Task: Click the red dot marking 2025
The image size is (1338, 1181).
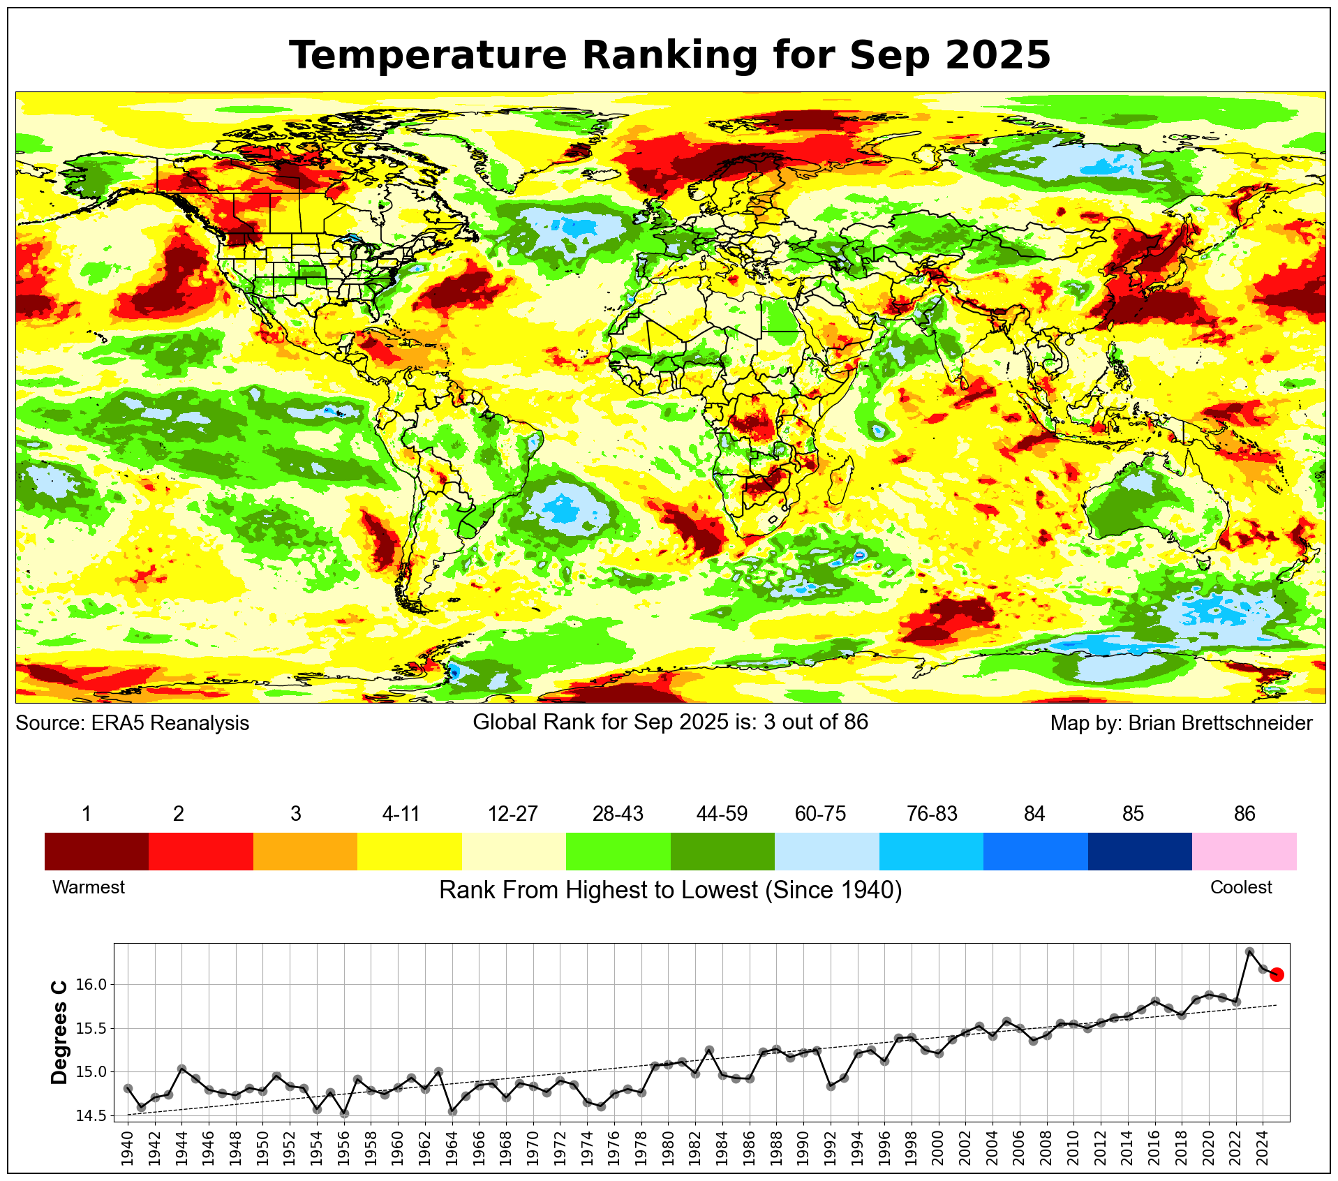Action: tap(1277, 974)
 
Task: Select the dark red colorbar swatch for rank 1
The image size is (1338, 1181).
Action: tap(96, 851)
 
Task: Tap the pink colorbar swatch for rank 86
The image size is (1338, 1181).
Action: tap(1244, 851)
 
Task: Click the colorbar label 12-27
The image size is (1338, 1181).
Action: tap(512, 814)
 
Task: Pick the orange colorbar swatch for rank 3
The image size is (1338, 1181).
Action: tap(305, 851)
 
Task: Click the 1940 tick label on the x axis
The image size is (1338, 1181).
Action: tap(128, 1148)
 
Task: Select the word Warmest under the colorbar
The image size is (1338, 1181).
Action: tap(89, 887)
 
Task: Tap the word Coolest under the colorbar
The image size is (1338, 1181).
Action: tap(1240, 887)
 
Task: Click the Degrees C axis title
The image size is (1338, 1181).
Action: tap(60, 1032)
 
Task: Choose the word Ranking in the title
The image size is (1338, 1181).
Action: tap(670, 55)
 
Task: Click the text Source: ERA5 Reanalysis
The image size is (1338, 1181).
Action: tap(132, 723)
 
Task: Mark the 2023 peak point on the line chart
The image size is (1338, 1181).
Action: tap(1249, 951)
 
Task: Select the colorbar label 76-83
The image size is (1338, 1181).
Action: tap(932, 814)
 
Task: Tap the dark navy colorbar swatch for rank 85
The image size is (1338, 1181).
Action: tap(1139, 851)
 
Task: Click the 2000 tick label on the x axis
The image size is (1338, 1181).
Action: tap(939, 1148)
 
